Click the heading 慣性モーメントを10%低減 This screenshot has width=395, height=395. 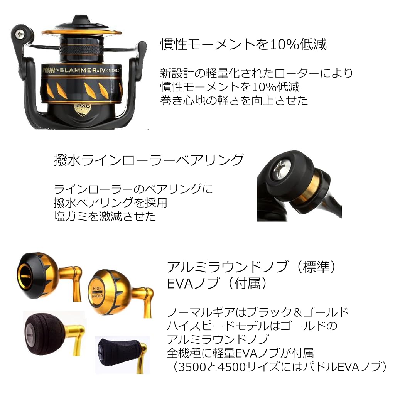coord(243,44)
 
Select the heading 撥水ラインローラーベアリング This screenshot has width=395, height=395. coord(149,160)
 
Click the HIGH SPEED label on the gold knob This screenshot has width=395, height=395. coord(97,292)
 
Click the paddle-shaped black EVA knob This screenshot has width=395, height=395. coord(118,353)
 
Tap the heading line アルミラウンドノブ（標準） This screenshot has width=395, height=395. coord(252,267)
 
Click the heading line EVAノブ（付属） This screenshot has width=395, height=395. coord(217,284)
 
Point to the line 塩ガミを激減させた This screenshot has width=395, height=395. coord(105,216)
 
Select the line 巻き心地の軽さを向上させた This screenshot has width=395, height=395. coord(234,100)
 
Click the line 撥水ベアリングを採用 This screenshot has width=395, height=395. coord(110,203)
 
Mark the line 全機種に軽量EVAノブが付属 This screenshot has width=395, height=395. coord(240,353)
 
